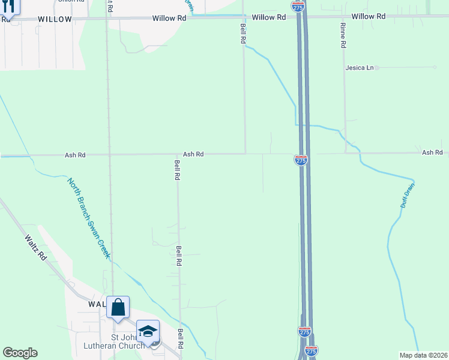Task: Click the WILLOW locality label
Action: pyautogui.click(x=55, y=19)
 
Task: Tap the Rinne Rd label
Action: pyautogui.click(x=343, y=35)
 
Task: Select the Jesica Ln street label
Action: pyautogui.click(x=360, y=68)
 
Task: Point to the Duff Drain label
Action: pyautogui.click(x=408, y=196)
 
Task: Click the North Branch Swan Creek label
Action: pyautogui.click(x=88, y=218)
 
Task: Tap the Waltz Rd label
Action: pyautogui.click(x=35, y=247)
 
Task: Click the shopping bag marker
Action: pyautogui.click(x=118, y=307)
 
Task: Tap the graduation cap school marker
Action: pyautogui.click(x=148, y=331)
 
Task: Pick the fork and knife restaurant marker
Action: pyautogui.click(x=8, y=5)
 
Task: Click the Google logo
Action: pyautogui.click(x=20, y=353)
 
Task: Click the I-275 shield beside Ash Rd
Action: pyautogui.click(x=301, y=160)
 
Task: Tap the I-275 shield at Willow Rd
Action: pyautogui.click(x=298, y=6)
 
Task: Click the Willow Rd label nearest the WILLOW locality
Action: pyautogui.click(x=169, y=18)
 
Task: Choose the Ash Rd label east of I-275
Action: pyautogui.click(x=432, y=153)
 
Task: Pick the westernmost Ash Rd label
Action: pyautogui.click(x=75, y=155)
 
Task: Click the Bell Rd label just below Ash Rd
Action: pyautogui.click(x=177, y=170)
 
